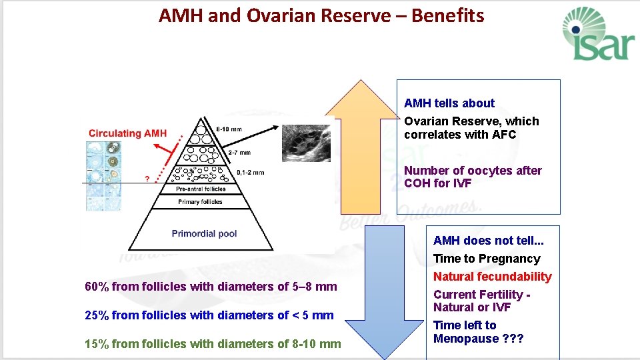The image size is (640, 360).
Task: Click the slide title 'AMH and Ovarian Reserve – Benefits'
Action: (x=321, y=16)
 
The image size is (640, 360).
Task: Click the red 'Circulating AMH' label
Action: (x=127, y=133)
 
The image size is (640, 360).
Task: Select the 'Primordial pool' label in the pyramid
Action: (x=204, y=233)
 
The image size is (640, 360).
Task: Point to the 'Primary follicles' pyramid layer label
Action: (x=201, y=201)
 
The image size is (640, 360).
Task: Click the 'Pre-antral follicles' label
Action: (x=200, y=189)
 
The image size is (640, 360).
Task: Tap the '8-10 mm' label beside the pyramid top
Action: (x=230, y=129)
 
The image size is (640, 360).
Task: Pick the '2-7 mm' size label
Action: (x=239, y=153)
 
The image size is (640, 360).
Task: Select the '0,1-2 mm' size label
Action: (x=250, y=173)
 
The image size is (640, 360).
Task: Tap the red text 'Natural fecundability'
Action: (x=492, y=277)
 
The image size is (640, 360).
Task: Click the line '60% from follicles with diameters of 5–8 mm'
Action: (x=211, y=287)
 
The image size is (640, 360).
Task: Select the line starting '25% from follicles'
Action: (x=209, y=315)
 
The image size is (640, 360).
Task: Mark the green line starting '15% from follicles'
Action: (x=213, y=344)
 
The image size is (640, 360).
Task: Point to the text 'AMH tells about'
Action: (x=449, y=103)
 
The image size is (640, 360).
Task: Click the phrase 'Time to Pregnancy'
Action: (x=487, y=259)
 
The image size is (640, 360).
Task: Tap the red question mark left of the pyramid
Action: (x=148, y=179)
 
